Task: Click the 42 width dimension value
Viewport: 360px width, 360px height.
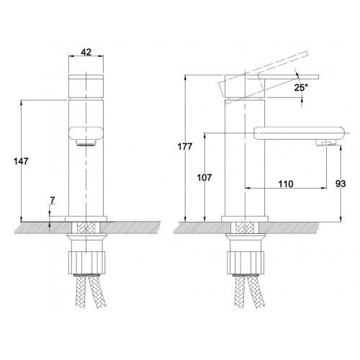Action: (x=86, y=52)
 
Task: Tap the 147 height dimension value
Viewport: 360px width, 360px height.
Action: (x=21, y=161)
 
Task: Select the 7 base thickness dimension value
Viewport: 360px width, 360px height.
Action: (x=53, y=200)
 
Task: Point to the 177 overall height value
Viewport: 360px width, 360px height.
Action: (x=185, y=146)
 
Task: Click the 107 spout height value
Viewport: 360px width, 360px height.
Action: (x=204, y=178)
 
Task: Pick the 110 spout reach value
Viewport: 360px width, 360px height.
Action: (x=286, y=184)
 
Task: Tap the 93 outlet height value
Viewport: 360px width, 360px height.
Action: (x=341, y=184)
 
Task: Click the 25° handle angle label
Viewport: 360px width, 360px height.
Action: (x=301, y=88)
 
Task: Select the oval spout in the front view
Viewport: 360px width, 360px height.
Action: (x=86, y=133)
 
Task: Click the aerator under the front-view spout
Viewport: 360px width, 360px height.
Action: (x=86, y=143)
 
